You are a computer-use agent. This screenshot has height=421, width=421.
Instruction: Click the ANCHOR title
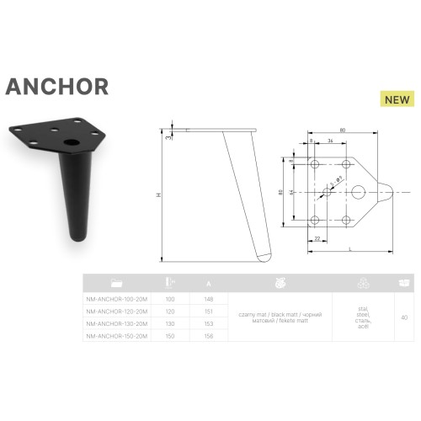point(56,87)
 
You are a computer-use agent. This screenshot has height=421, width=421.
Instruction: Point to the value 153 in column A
point(208,322)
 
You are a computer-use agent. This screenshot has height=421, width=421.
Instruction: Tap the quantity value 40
point(405,317)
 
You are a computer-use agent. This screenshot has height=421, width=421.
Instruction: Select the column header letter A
point(208,283)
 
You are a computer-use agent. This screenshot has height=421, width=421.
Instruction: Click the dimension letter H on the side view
point(159,195)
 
